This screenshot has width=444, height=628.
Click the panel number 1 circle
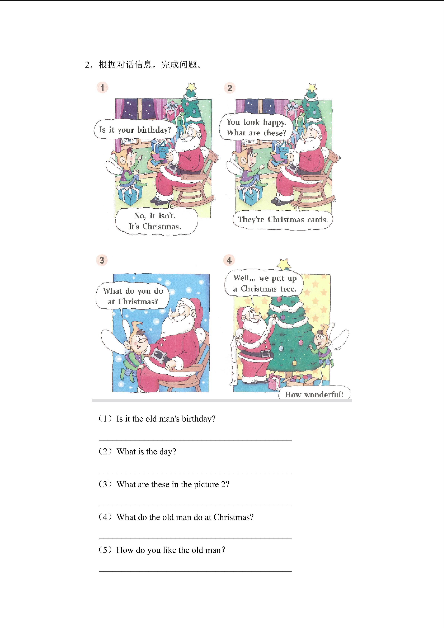[102, 87]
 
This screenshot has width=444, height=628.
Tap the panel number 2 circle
[229, 88]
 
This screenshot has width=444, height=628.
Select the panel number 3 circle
[102, 260]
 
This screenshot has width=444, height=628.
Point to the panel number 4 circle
[229, 260]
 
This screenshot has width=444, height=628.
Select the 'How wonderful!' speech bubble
[314, 393]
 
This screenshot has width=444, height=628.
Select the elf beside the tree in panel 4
[325, 345]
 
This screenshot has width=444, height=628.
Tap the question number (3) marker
[105, 484]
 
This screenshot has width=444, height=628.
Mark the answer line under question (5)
[195, 571]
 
